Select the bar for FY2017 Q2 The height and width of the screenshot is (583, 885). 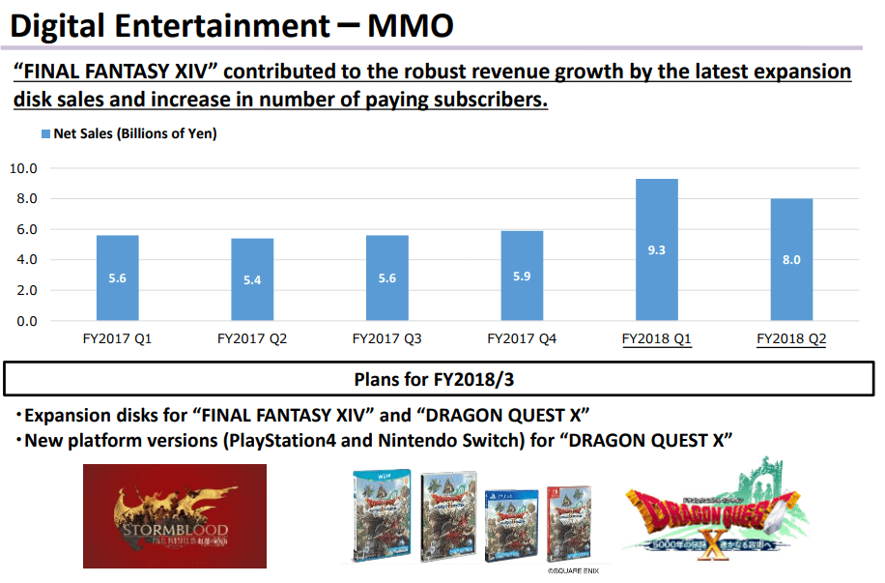point(253,279)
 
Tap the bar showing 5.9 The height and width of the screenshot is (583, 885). point(522,276)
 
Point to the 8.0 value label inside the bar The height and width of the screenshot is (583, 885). point(791,259)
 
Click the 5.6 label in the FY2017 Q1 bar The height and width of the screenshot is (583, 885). point(118,277)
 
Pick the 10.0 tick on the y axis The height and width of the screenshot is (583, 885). point(22,168)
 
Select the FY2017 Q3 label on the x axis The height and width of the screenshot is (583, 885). point(386,339)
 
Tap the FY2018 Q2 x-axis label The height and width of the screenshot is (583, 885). point(791,339)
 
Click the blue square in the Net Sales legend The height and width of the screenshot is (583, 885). point(44,134)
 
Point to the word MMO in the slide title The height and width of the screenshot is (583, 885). point(410,26)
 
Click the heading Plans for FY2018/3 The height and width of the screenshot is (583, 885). point(442,377)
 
